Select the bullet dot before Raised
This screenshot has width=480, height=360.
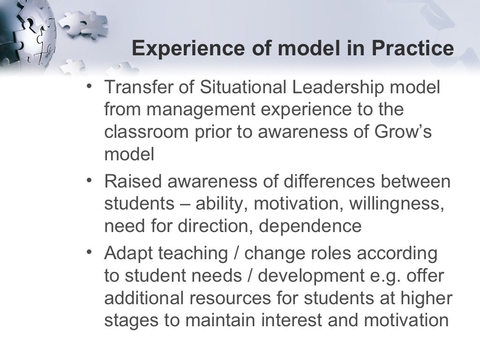pyautogui.click(x=89, y=180)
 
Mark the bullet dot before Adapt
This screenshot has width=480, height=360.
pyautogui.click(x=89, y=252)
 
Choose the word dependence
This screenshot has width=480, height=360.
pyautogui.click(x=310, y=226)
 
